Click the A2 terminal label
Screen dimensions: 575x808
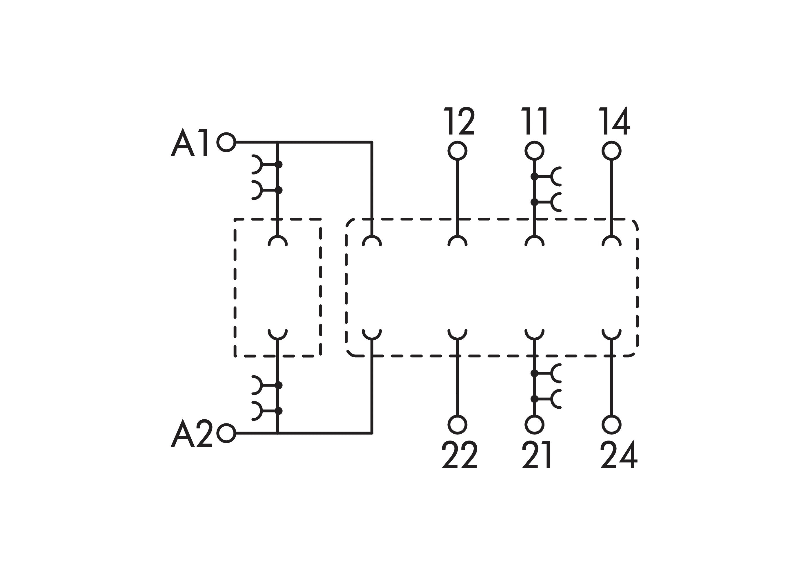pos(192,433)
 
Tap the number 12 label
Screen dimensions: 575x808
pos(459,121)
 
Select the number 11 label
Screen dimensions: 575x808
pos(535,121)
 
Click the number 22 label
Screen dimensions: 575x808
pos(460,455)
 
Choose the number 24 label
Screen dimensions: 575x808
pos(618,455)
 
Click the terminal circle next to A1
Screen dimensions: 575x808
pos(226,142)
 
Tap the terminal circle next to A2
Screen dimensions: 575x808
pos(226,433)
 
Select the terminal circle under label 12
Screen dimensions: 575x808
pos(457,151)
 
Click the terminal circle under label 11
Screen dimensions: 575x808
pos(534,151)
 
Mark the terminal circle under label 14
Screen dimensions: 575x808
pos(611,151)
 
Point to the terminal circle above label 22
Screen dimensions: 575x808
pos(457,425)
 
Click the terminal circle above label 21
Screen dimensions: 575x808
pos(534,425)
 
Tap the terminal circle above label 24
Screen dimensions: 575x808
pos(611,425)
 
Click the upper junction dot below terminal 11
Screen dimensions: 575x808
pos(534,176)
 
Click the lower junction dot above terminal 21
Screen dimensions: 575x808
pos(534,399)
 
